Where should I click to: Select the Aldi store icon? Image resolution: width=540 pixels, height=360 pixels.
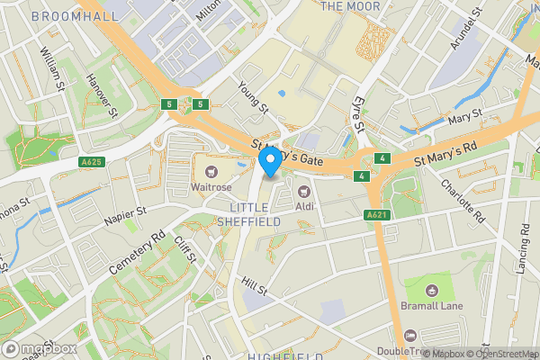click(x=303, y=190)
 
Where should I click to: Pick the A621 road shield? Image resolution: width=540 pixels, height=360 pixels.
click(x=376, y=215)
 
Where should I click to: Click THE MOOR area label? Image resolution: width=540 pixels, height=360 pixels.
click(x=345, y=6)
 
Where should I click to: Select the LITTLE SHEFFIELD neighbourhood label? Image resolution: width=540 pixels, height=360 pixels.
click(x=248, y=214)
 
